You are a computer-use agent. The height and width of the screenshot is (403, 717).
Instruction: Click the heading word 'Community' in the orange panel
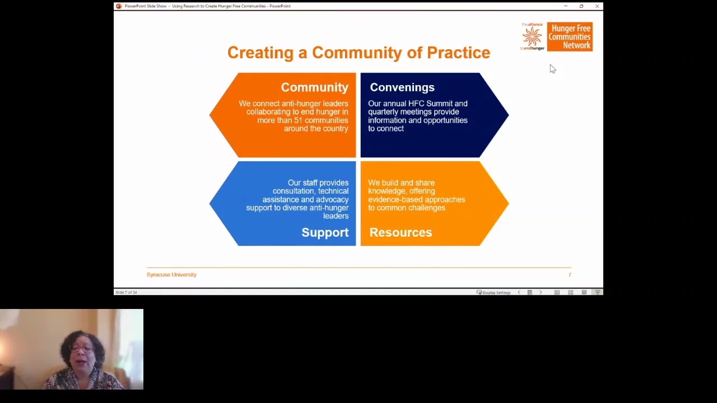(314, 87)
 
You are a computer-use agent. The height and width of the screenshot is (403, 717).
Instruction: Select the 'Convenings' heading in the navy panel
(402, 87)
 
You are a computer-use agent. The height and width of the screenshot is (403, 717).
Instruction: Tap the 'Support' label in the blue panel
(325, 232)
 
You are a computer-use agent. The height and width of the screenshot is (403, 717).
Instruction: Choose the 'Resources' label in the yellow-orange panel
(401, 232)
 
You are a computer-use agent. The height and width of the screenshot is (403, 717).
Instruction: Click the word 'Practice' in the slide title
(458, 53)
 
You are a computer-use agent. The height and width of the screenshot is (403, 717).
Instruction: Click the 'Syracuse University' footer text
(171, 275)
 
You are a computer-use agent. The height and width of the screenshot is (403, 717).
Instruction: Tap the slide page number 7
(570, 275)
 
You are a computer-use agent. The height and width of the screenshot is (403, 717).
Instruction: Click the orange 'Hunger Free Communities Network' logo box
(570, 37)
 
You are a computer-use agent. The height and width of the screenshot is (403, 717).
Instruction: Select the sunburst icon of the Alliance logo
(532, 37)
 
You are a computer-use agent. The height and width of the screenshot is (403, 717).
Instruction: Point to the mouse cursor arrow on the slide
(552, 68)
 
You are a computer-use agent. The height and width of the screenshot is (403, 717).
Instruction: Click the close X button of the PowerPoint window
(597, 6)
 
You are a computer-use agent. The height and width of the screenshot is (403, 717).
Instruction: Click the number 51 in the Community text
(298, 120)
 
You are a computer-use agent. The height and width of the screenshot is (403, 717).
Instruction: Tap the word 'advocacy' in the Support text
(332, 199)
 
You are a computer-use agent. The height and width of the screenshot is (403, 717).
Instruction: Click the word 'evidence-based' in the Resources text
(392, 199)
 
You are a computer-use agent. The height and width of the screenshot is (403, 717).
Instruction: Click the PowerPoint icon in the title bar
(118, 6)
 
